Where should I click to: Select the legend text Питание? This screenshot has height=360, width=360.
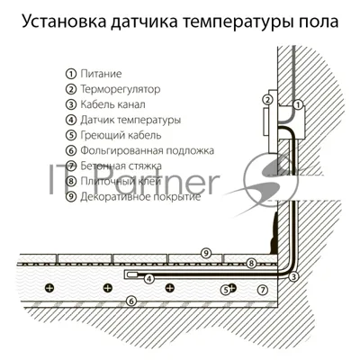click(101, 74)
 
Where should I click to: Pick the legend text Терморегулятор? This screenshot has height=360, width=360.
click(120, 89)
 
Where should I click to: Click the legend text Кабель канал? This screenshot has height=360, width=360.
click(112, 104)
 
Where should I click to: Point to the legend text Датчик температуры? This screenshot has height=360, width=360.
click(130, 120)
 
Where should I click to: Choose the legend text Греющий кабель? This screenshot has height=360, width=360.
click(121, 135)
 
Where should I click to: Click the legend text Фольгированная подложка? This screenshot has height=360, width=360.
click(147, 150)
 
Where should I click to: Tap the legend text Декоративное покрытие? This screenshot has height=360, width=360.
click(140, 197)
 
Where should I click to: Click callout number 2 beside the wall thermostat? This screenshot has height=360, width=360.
click(267, 99)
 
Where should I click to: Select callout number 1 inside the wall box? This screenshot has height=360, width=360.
click(298, 104)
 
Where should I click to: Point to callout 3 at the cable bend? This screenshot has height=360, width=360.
click(293, 276)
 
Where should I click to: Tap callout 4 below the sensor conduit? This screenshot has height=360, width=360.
click(149, 279)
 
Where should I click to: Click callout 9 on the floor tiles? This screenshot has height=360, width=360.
click(206, 253)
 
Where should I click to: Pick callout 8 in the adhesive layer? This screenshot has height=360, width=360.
click(251, 264)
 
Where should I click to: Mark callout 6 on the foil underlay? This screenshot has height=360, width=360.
click(131, 301)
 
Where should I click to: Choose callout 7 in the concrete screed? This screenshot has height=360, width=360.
click(263, 290)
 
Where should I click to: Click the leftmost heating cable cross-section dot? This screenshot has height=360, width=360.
click(49, 288)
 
